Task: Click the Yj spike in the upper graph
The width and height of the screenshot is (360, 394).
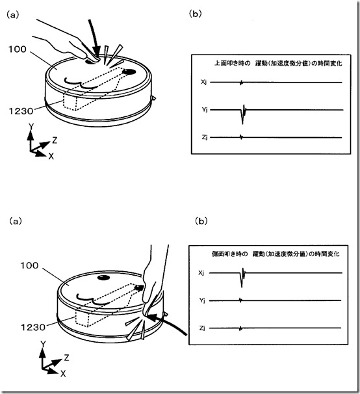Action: pyautogui.click(x=243, y=114)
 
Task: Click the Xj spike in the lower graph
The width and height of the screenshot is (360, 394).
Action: pyautogui.click(x=242, y=278)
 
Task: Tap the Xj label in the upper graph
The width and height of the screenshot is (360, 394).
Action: pyautogui.click(x=204, y=82)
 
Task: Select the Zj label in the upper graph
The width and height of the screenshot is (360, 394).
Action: pyautogui.click(x=205, y=137)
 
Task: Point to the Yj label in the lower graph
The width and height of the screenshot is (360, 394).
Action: pyautogui.click(x=203, y=300)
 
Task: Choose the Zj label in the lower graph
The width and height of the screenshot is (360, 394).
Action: pyautogui.click(x=203, y=328)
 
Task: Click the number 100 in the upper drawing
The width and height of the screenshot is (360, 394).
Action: pyautogui.click(x=18, y=49)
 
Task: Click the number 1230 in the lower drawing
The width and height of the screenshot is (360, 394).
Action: pyautogui.click(x=33, y=327)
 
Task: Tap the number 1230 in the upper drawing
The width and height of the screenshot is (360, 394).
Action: pyautogui.click(x=21, y=111)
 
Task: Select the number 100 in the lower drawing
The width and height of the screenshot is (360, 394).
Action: pyautogui.click(x=29, y=265)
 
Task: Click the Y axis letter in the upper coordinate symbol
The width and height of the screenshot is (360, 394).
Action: pyautogui.click(x=31, y=127)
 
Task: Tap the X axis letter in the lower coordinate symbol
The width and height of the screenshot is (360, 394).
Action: pyautogui.click(x=63, y=374)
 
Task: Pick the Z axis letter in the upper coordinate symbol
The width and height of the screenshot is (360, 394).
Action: pyautogui.click(x=55, y=140)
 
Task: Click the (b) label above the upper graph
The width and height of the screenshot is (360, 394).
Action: pyautogui.click(x=195, y=14)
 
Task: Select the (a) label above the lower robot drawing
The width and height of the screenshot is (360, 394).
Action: pyautogui.click(x=16, y=221)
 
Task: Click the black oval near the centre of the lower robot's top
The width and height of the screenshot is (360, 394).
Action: pyautogui.click(x=103, y=278)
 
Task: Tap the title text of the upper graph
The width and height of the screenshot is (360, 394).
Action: pyautogui.click(x=278, y=63)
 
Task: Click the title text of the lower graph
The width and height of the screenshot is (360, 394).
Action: pyautogui.click(x=276, y=254)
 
